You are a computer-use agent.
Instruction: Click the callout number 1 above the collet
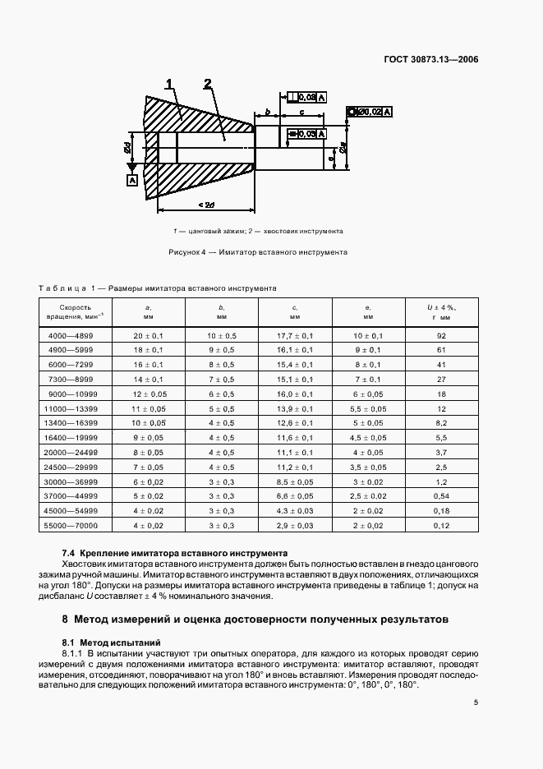170,84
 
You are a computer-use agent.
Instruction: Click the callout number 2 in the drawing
208,84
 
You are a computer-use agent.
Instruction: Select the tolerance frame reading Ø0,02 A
370,111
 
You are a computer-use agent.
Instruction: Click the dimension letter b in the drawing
268,111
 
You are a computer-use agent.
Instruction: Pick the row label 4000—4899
73,335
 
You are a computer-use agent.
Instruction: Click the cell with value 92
440,335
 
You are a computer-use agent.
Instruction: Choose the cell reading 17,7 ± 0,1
294,335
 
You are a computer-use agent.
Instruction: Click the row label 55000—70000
73,525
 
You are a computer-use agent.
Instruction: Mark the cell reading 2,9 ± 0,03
294,525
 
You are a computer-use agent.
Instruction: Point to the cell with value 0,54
440,495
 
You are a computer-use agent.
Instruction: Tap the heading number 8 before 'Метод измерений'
67,618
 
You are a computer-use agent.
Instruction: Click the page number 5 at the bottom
476,702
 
